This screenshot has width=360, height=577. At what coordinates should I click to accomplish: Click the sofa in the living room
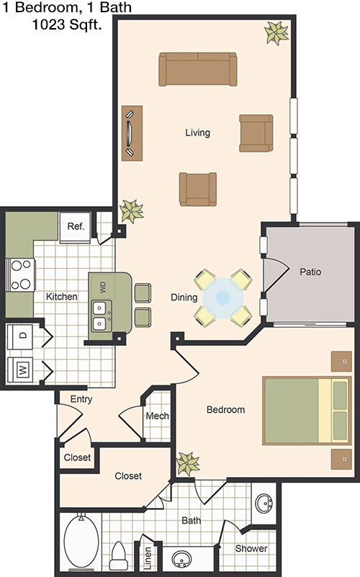198,69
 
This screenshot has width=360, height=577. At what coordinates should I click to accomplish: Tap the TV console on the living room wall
132,133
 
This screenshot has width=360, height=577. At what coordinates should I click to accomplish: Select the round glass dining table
222,298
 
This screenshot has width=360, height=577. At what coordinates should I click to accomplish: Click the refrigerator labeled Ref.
75,228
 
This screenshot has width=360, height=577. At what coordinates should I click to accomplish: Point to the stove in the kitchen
21,274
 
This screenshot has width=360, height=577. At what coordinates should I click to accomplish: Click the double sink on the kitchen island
102,316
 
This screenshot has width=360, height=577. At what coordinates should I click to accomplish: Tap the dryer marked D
21,336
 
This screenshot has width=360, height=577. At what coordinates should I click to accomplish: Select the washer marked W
21,370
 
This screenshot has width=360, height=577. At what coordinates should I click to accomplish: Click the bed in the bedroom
307,411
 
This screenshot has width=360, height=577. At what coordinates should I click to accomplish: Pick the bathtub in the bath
81,540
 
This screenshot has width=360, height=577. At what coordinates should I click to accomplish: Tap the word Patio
310,272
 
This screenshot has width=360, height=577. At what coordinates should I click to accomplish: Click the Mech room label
158,416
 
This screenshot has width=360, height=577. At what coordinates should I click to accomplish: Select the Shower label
251,548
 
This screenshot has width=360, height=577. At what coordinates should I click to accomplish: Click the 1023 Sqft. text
67,24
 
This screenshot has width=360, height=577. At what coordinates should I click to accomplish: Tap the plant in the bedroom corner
188,463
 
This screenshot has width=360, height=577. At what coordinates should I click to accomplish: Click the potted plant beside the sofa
276,33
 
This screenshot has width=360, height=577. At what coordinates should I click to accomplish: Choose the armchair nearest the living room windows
256,133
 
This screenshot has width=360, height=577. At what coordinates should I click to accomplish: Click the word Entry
81,399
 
